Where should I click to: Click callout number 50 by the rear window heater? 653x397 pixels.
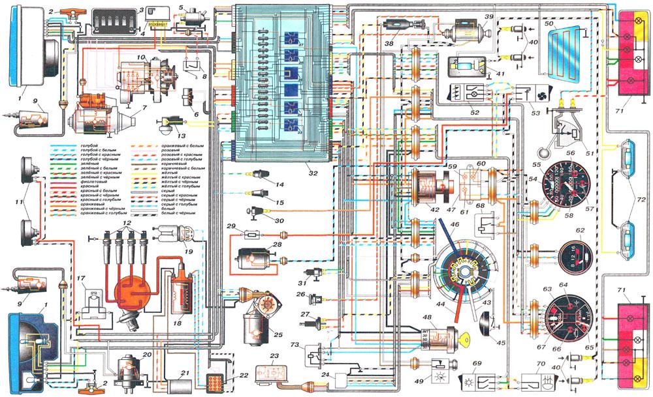point(549,23)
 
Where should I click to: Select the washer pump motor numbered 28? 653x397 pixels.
point(251,259)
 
